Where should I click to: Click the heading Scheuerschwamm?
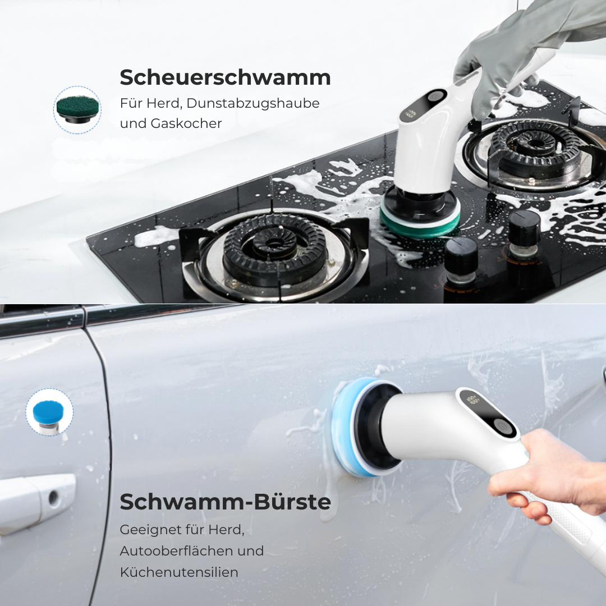(x=225, y=77)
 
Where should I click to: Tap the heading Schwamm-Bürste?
(x=225, y=502)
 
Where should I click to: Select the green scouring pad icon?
(x=77, y=108)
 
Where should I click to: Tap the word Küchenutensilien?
(x=179, y=572)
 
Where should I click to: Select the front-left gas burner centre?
(x=274, y=247)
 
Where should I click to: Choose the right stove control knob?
(x=524, y=230)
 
